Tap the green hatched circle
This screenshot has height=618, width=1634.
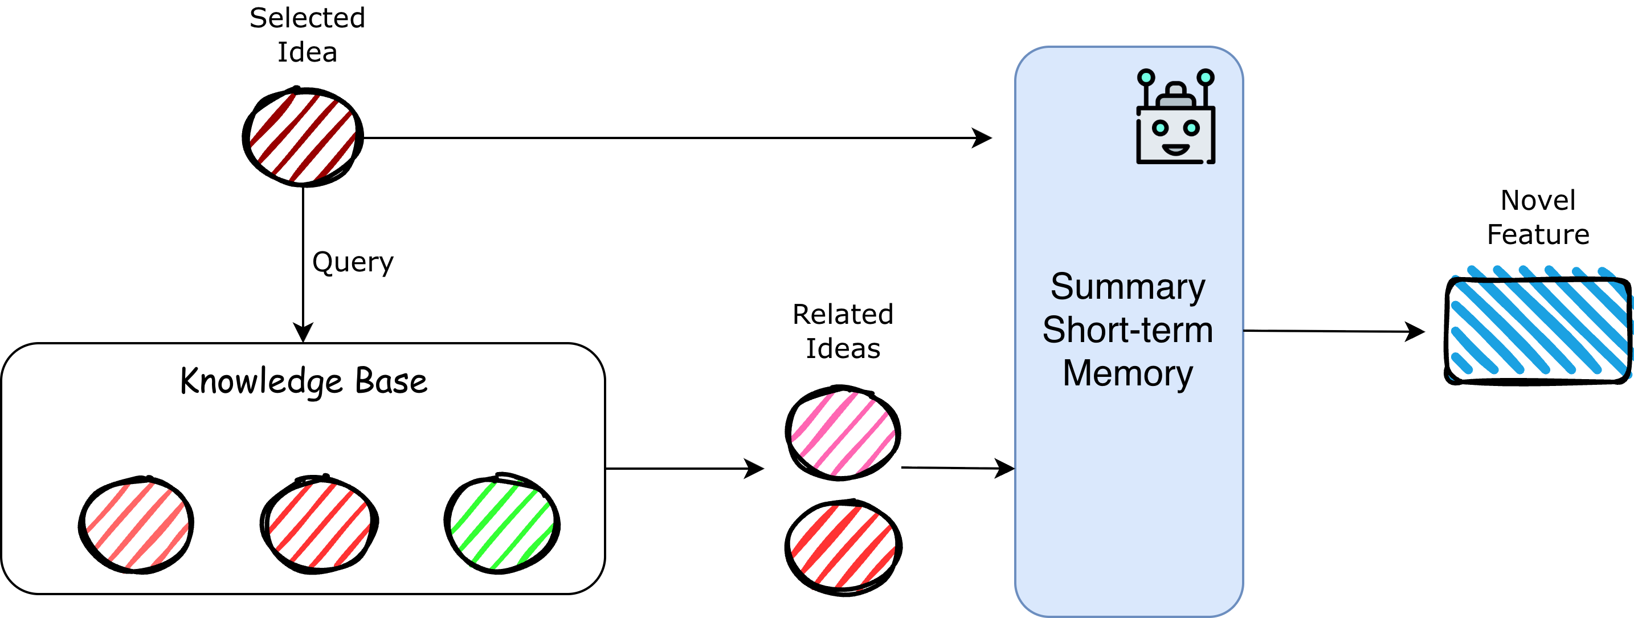(502, 525)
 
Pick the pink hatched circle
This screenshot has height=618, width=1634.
(843, 434)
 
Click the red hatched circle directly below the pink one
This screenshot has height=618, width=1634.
(843, 547)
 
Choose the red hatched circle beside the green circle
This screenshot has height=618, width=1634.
(320, 525)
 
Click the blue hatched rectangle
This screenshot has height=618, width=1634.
(1540, 322)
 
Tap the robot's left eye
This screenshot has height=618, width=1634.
(1159, 128)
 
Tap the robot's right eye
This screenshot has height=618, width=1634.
(1191, 128)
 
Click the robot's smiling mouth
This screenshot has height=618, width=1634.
(1175, 150)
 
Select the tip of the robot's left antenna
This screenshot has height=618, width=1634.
(1146, 78)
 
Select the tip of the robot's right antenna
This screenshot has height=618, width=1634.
(1205, 78)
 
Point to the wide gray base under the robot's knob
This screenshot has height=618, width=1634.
(1175, 101)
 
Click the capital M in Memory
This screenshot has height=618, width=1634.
(1077, 373)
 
